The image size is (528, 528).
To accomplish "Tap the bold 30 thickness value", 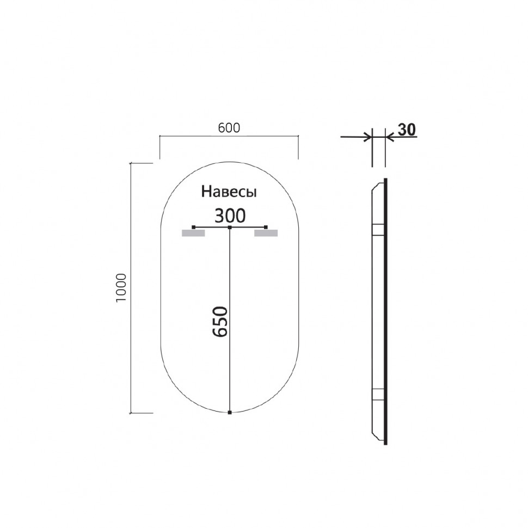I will [x=407, y=130].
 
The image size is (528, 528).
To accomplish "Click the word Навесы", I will [x=229, y=192].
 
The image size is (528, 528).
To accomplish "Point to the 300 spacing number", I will [x=229, y=216].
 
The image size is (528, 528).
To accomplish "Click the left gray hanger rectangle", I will [x=193, y=234].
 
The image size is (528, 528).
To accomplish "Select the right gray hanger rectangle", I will [x=266, y=234].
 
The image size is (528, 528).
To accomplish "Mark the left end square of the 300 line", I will [x=194, y=227].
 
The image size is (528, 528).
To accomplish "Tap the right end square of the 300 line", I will [x=266, y=227].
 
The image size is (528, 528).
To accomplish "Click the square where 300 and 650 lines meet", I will [x=230, y=227].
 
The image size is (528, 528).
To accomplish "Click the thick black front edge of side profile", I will [x=386, y=310].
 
